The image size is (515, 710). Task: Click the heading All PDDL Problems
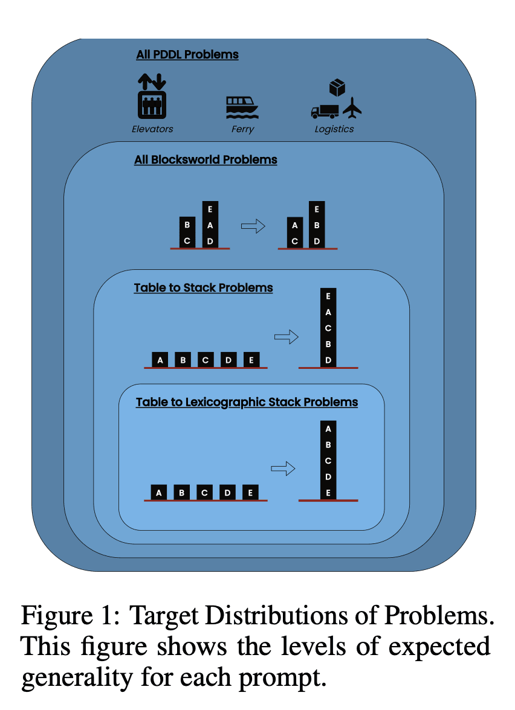pos(187,54)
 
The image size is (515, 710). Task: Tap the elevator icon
pos(152,96)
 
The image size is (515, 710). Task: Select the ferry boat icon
pos(242,107)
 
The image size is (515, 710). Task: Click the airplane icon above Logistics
pos(352,107)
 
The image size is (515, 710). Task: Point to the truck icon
pos(325,111)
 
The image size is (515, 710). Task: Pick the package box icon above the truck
pos(337,88)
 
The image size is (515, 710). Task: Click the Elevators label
pos(152,129)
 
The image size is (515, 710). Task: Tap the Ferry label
pos(242,129)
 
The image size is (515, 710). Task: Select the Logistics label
pos(334,129)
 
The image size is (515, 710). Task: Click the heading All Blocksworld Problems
pos(206,160)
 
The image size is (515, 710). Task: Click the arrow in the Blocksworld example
pos(253,226)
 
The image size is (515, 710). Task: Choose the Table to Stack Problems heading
pos(203,288)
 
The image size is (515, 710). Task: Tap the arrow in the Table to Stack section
pos(287,336)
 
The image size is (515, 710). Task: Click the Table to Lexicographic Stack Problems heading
pos(247,402)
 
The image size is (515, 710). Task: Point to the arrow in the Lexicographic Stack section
pos(283,469)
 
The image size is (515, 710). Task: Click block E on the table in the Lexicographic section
pos(250,493)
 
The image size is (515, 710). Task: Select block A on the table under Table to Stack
pos(160,360)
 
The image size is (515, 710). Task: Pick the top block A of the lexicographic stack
pos(328,429)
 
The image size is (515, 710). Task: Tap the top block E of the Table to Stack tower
pos(328,296)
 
